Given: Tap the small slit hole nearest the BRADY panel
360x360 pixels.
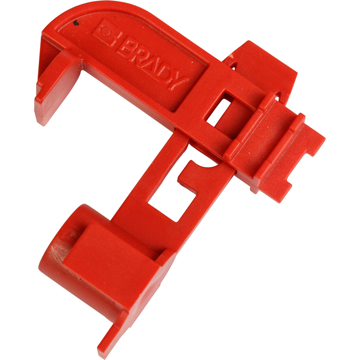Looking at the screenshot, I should click(232, 65).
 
